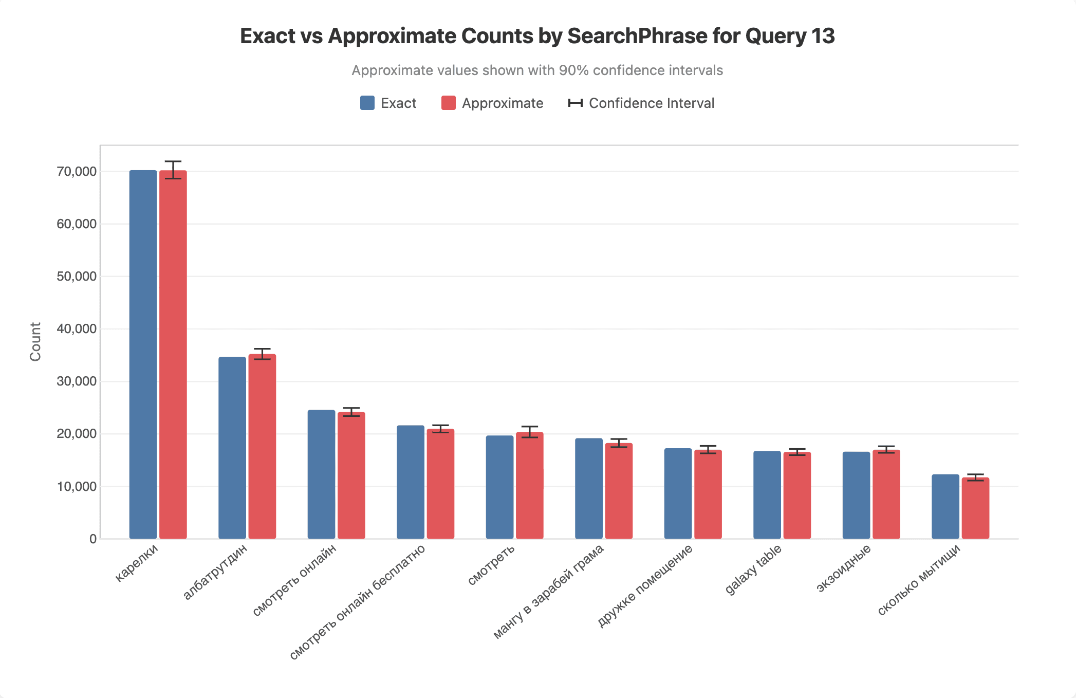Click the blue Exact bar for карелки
click(143, 355)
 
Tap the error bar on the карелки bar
click(173, 170)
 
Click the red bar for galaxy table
click(797, 495)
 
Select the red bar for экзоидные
click(886, 494)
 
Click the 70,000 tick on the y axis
click(77, 172)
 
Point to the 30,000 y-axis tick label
click(77, 381)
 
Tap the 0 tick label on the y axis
click(92, 539)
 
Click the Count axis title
click(35, 342)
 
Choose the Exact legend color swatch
click(367, 103)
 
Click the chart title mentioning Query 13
click(537, 36)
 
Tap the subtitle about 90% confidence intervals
click(537, 70)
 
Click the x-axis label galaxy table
click(754, 569)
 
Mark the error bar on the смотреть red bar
click(530, 432)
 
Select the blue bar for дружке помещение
click(678, 493)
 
